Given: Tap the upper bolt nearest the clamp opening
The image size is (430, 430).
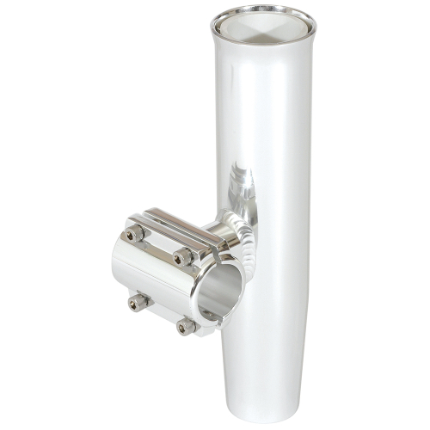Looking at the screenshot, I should click(181, 257).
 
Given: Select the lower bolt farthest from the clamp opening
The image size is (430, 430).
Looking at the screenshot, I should click(137, 301).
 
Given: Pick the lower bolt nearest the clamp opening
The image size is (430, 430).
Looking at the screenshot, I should click(185, 326).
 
